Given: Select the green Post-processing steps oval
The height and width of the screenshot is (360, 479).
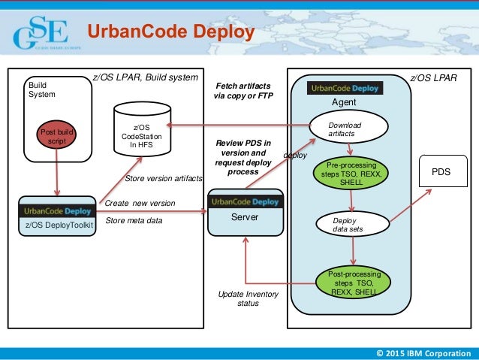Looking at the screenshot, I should tap(351, 282).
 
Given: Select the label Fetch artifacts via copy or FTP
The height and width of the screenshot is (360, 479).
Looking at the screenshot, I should tap(244, 91).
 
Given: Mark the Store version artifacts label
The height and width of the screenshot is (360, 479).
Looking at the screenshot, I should tap(163, 179).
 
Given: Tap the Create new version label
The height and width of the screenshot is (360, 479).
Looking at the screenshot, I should tap(140, 204).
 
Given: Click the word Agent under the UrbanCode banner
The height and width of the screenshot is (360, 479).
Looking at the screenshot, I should tap(345, 101).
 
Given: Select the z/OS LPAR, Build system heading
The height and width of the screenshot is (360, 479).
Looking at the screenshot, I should tap(145, 77).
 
